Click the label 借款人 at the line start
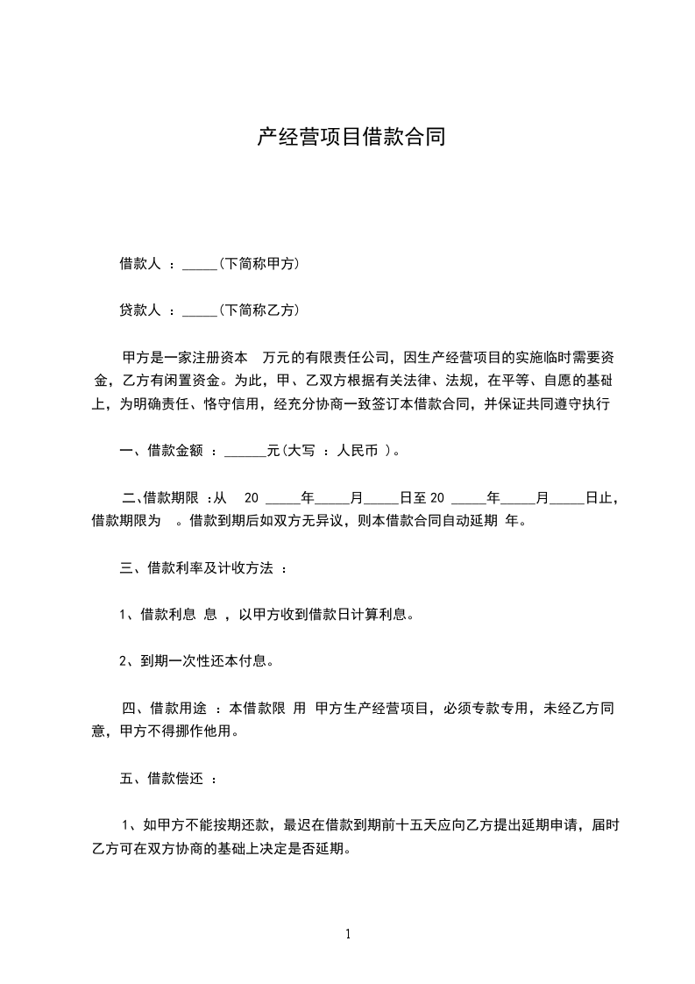tap(139, 263)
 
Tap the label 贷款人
tap(139, 310)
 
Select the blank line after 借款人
tap(199, 266)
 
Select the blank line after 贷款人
tap(199, 312)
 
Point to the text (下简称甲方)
tap(260, 263)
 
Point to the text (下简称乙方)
tap(260, 310)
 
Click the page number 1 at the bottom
tap(348, 935)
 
